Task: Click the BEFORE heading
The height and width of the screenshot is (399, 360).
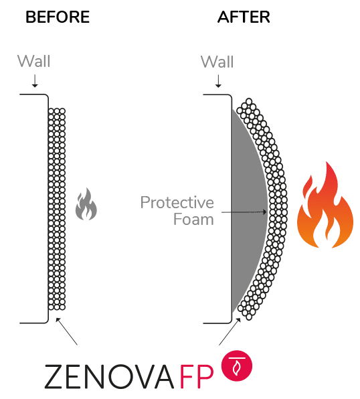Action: coord(58,17)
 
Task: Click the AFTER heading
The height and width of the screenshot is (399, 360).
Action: coord(244,17)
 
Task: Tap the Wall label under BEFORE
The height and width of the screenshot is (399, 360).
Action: coord(34,62)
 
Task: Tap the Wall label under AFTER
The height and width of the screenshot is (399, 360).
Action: coord(217,62)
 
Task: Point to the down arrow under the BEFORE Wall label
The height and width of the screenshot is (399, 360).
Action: coord(35,81)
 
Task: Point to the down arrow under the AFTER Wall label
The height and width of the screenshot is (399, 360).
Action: coord(218,81)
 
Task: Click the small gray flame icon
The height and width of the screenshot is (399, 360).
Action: coord(86,204)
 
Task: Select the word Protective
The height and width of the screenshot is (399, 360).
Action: coord(177,203)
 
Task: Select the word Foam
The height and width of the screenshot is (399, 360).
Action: coord(193,219)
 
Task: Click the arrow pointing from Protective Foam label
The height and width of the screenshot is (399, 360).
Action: coord(244,212)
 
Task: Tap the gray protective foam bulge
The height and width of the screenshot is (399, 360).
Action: coord(248,211)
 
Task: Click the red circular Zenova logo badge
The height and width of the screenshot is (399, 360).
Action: coord(237,366)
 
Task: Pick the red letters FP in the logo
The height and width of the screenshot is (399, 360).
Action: coord(197,377)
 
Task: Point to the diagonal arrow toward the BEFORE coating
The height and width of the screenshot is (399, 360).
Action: coord(66,331)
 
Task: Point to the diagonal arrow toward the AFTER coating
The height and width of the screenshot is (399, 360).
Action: coord(230,331)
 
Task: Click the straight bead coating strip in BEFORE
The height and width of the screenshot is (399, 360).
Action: coord(57,210)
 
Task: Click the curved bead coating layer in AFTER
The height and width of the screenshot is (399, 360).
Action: coord(278,209)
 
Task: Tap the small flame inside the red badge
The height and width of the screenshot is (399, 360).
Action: coord(237,368)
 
